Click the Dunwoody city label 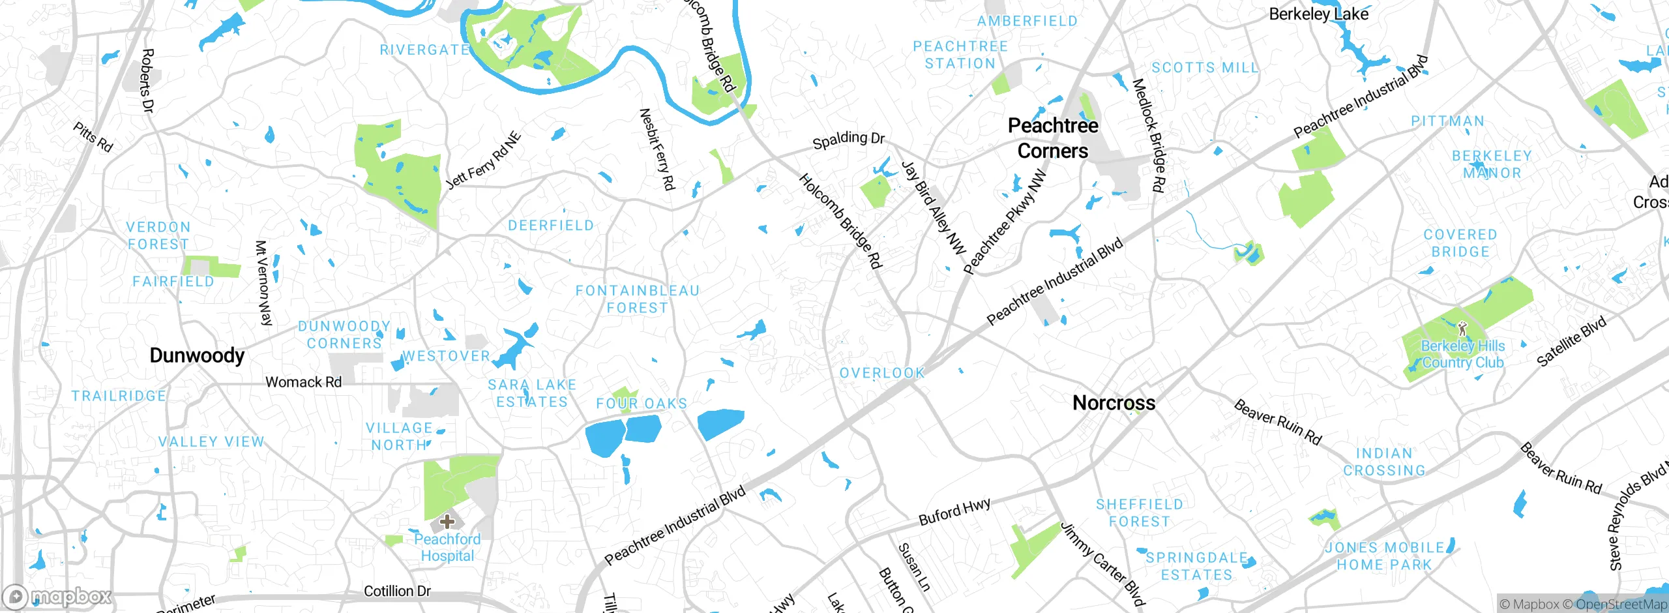197,355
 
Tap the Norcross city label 1114,403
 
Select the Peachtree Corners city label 1053,138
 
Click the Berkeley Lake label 1318,14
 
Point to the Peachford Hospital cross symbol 447,521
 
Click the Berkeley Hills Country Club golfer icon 1462,328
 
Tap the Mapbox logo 57,596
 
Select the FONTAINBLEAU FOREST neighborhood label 637,299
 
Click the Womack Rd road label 303,382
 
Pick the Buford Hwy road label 954,512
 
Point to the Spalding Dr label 848,139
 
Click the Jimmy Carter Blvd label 1102,564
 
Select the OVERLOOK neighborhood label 882,373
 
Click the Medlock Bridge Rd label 1148,136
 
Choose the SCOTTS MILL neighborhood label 1205,68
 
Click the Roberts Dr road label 147,80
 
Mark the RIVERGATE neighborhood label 424,50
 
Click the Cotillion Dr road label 397,591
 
